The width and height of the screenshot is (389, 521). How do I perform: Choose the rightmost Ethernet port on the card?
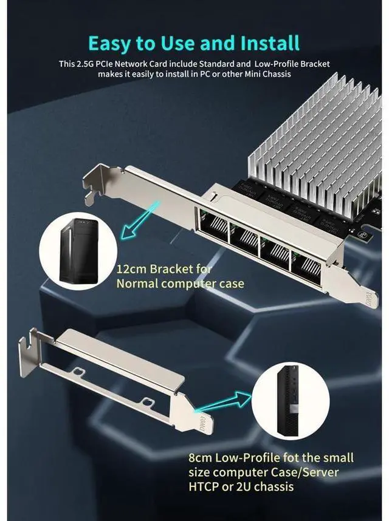(x=307, y=262)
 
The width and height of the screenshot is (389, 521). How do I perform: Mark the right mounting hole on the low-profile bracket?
(x=148, y=401)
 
